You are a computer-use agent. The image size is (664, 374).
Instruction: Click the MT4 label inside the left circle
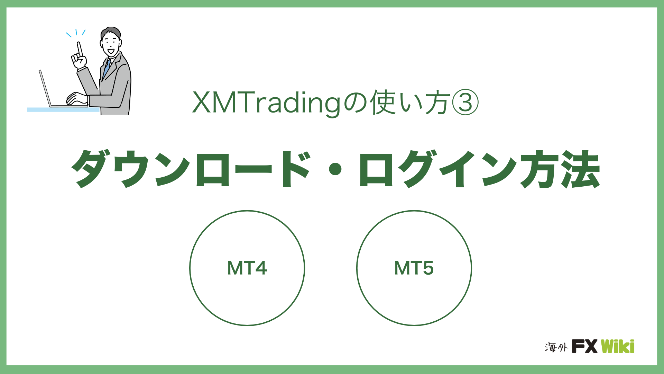point(247,268)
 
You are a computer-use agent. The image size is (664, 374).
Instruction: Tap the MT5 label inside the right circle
point(414,268)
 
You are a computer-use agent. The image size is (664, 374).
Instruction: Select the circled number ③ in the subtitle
point(465,103)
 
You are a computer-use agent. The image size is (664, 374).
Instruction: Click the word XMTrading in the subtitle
point(267,103)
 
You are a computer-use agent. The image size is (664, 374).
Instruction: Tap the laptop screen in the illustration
point(45,88)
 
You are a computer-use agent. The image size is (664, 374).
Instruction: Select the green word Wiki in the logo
point(618,346)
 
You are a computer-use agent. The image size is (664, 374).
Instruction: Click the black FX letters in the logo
point(584,346)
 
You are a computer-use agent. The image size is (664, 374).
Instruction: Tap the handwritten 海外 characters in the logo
point(556,347)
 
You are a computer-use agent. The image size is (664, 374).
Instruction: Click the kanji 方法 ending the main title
point(560,169)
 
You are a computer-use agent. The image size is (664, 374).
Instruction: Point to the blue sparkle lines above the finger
point(76,33)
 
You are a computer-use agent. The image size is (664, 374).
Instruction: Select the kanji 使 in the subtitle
point(383,103)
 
